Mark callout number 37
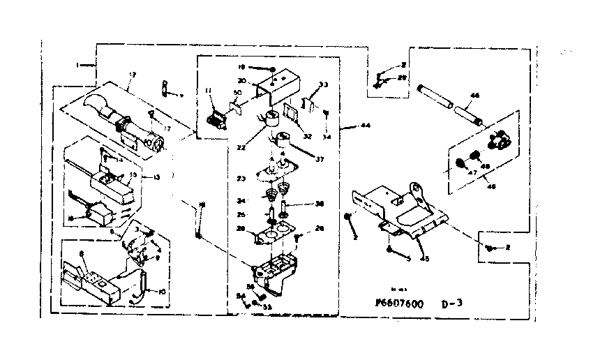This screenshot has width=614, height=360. click(321, 158)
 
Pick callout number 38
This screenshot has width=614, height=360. click(320, 204)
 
